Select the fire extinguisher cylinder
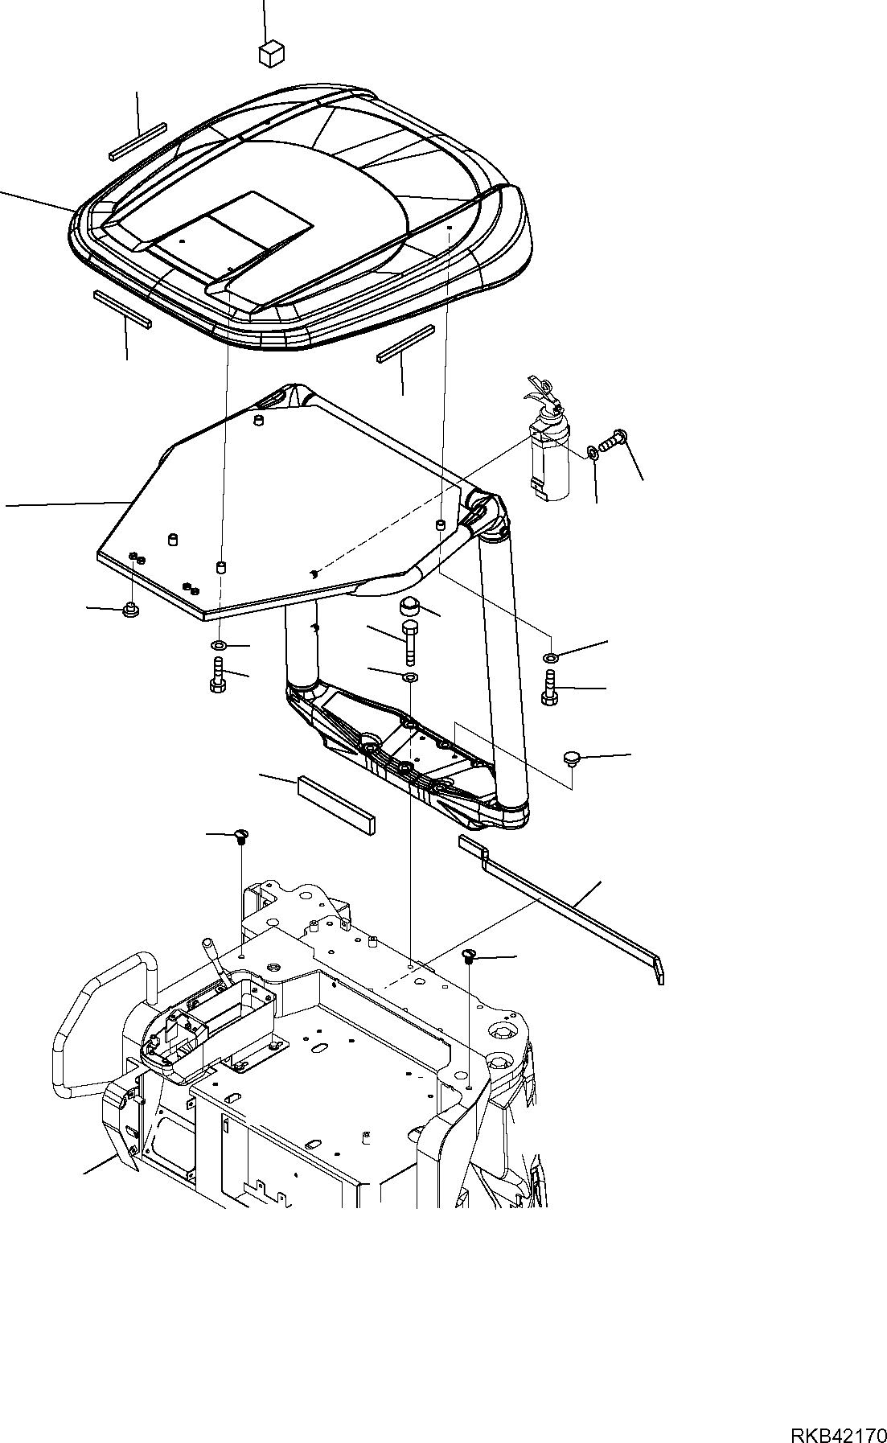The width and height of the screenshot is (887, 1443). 548,462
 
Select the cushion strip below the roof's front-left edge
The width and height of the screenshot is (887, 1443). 122,309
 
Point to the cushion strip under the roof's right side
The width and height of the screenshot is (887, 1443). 406,345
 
